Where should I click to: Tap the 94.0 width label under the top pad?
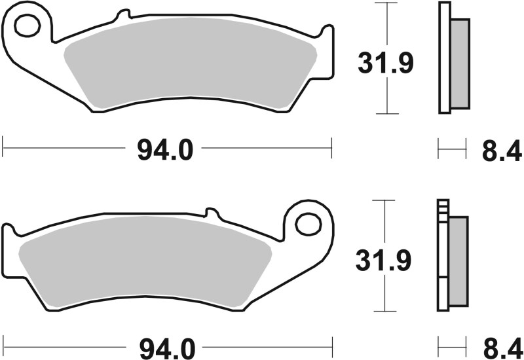[x=166, y=151]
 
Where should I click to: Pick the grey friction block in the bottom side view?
[x=458, y=260]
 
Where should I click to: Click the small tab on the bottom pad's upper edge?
[x=211, y=213]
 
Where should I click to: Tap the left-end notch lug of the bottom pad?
[x=9, y=232]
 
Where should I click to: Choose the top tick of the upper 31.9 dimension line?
[x=388, y=3]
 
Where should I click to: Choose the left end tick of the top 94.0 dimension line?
[x=3, y=147]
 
